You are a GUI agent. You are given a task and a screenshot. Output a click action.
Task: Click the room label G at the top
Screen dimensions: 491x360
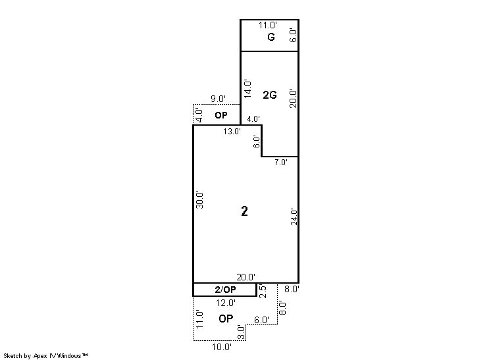tap(271, 38)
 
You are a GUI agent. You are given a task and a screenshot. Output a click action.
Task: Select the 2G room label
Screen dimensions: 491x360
tap(270, 95)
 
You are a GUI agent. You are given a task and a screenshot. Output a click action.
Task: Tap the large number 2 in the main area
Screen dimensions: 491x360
tap(245, 211)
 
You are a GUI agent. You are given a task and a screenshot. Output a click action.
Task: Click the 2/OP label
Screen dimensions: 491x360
tap(226, 290)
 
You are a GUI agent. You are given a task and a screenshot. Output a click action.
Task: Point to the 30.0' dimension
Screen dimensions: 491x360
tap(200, 199)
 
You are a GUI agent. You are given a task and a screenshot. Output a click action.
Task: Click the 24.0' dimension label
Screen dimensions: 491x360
tap(294, 217)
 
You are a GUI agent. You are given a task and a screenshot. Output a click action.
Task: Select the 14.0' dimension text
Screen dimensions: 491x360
tap(247, 89)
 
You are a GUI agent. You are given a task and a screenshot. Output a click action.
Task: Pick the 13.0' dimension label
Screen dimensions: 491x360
tap(232, 132)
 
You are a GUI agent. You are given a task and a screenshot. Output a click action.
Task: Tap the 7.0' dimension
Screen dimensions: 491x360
tap(281, 162)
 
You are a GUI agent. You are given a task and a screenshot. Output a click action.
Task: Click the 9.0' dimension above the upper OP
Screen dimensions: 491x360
tap(218, 99)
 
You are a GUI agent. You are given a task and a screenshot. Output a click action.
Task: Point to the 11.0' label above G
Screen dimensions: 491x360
tap(268, 25)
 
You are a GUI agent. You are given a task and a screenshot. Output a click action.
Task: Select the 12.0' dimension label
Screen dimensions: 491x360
tap(226, 303)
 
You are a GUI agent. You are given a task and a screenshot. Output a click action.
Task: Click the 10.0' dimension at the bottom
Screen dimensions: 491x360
tap(222, 347)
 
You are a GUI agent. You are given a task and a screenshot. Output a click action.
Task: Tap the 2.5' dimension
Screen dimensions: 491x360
tap(263, 291)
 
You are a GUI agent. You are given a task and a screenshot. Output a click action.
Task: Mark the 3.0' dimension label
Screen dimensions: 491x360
tap(241, 332)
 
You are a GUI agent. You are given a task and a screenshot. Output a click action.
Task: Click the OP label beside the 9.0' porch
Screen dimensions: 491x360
tap(221, 115)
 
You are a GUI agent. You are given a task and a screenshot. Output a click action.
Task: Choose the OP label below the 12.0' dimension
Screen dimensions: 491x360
tap(226, 319)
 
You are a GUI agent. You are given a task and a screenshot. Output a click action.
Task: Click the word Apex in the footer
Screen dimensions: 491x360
tap(40, 356)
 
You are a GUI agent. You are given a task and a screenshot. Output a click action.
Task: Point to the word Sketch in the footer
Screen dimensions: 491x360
tap(13, 356)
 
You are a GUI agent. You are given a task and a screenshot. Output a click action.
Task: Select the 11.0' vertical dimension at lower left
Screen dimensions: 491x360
tap(199, 319)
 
